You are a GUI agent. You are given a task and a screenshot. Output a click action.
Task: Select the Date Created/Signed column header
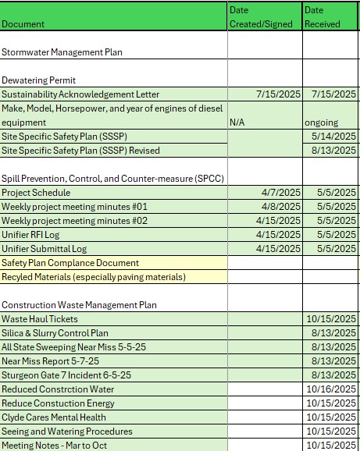pyautogui.click(x=261, y=16)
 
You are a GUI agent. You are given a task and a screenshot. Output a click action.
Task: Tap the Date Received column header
pyautogui.click(x=322, y=16)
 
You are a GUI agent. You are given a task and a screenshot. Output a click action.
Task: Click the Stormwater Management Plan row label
pyautogui.click(x=62, y=52)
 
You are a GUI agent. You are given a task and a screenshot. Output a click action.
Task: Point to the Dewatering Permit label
pyautogui.click(x=38, y=80)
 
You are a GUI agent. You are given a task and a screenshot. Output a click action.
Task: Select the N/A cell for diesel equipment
pyautogui.click(x=238, y=123)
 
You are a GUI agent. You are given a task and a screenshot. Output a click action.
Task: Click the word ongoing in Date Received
pyautogui.click(x=321, y=123)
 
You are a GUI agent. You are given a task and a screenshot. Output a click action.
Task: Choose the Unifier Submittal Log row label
pyautogui.click(x=44, y=249)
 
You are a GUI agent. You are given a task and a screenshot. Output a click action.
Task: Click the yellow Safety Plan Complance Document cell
pyautogui.click(x=70, y=263)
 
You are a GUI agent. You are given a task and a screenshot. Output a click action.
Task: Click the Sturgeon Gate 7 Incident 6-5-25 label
pyautogui.click(x=66, y=375)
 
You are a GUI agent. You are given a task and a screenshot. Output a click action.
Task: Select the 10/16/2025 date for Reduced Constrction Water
pyautogui.click(x=331, y=389)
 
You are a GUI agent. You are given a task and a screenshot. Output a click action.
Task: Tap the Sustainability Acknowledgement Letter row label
pyautogui.click(x=80, y=94)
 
